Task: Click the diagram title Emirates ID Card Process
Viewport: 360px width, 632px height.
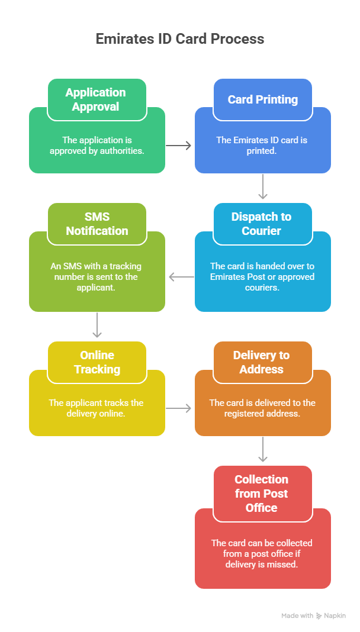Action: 179,39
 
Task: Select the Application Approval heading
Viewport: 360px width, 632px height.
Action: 96,99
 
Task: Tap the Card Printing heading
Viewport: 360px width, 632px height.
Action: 262,99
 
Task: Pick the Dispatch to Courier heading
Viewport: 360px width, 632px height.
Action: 261,224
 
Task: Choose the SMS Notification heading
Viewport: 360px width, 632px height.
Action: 97,224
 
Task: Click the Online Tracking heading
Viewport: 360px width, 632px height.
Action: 97,362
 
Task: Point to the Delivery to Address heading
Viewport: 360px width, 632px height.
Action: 261,362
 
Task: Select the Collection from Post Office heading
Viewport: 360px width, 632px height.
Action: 261,494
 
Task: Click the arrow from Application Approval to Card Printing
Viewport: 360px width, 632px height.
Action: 179,145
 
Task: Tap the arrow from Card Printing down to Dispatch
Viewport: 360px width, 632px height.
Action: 263,188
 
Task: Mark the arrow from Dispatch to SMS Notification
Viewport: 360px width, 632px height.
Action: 181,276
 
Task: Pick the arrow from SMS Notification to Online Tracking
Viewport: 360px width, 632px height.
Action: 97,325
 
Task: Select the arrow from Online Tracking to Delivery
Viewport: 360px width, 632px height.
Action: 179,408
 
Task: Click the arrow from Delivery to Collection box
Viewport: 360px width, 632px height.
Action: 263,450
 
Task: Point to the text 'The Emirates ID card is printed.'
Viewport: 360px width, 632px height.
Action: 262,146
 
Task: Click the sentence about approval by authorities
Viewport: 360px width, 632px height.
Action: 97,146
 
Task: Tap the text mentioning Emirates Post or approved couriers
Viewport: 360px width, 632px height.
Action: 262,276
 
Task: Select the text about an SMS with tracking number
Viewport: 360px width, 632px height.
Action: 96,276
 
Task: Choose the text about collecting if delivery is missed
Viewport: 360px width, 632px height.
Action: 262,553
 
